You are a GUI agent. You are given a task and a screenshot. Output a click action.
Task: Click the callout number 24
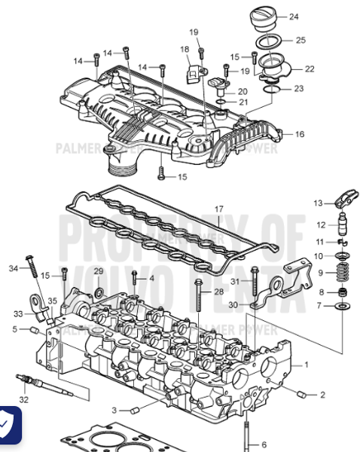pyautogui.click(x=294, y=16)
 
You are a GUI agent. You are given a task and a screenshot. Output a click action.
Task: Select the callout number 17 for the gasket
pyautogui.click(x=219, y=209)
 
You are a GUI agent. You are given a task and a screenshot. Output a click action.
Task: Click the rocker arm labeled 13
pyautogui.click(x=343, y=205)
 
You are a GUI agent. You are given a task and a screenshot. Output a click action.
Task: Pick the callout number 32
pyautogui.click(x=24, y=399)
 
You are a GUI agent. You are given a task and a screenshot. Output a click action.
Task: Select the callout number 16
pyautogui.click(x=299, y=134)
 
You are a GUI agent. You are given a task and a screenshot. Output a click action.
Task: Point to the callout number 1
pyautogui.click(x=306, y=365)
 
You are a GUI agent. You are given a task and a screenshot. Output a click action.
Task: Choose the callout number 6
pyautogui.click(x=264, y=444)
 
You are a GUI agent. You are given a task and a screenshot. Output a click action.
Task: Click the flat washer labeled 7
pyautogui.click(x=343, y=307)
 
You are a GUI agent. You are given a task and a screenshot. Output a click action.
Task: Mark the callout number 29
pyautogui.click(x=98, y=271)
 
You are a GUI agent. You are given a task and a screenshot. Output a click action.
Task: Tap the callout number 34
pyautogui.click(x=13, y=268)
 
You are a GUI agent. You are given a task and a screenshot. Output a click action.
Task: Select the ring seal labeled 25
pyautogui.click(x=265, y=39)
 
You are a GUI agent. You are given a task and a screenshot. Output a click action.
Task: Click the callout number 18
pyautogui.click(x=185, y=50)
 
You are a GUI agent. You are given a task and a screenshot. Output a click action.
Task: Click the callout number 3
pyautogui.click(x=114, y=409)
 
